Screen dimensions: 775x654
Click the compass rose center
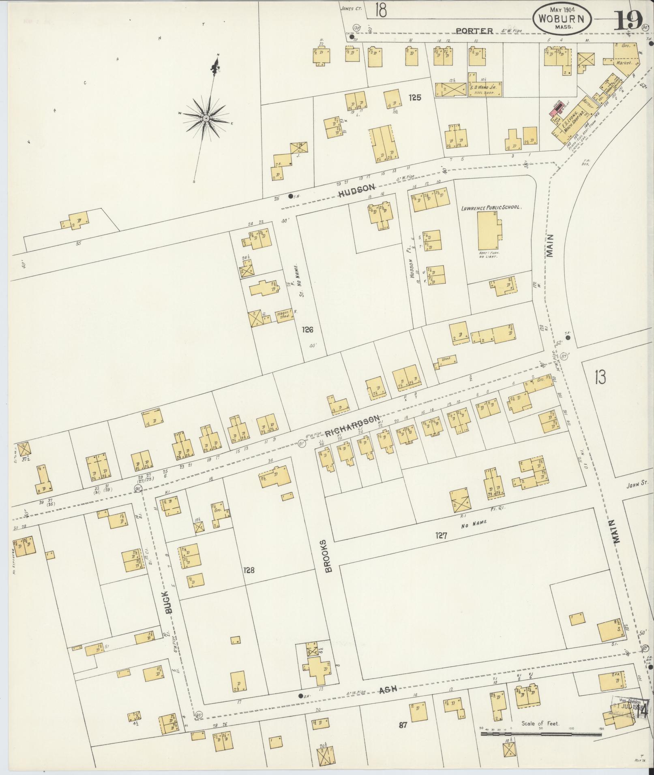click(x=206, y=118)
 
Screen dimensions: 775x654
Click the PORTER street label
click(x=474, y=31)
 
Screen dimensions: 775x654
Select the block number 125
click(x=415, y=97)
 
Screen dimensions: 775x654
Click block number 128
click(x=249, y=570)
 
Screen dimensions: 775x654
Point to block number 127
click(x=441, y=536)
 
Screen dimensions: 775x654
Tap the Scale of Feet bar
click(x=541, y=734)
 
